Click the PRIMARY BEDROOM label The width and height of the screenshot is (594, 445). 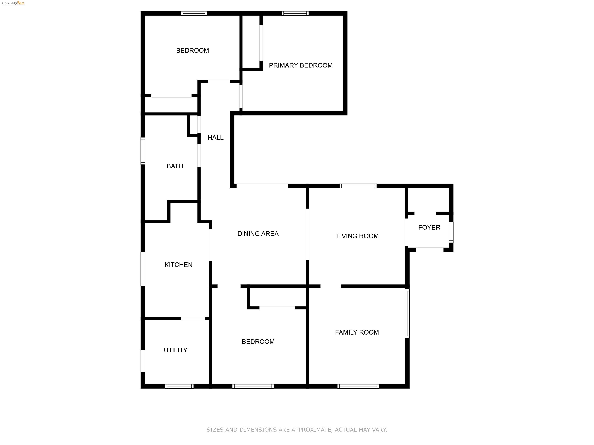[x=300, y=65]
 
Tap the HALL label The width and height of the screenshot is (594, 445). [x=215, y=138]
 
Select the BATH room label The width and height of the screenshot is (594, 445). [x=175, y=166]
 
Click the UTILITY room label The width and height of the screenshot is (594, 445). [x=176, y=350]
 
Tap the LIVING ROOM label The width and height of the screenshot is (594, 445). [x=357, y=236]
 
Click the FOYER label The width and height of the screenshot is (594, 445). [x=429, y=228]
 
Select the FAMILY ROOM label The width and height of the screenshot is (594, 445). [x=357, y=332]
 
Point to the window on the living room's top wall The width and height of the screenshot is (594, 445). [x=358, y=186]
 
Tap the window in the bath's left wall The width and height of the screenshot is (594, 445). [x=143, y=151]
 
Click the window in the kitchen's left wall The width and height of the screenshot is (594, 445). [x=143, y=269]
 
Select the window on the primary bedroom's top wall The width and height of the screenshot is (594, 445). [x=295, y=13]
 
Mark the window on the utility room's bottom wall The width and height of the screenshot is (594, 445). [x=179, y=386]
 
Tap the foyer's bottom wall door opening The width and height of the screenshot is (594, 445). [x=430, y=250]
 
